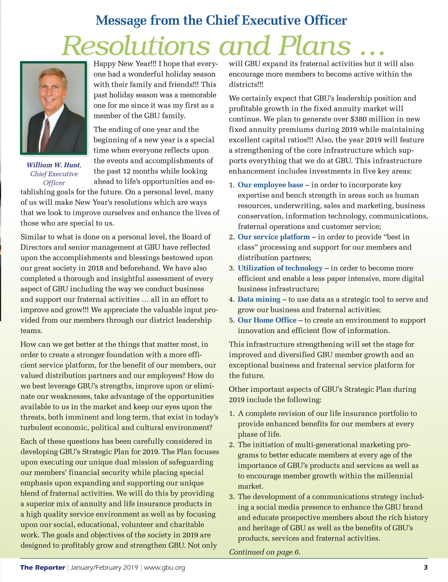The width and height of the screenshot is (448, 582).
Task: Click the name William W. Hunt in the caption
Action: pos(53,165)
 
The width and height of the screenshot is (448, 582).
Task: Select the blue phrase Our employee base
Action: pos(270,185)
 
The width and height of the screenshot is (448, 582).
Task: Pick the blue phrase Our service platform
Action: pos(274,237)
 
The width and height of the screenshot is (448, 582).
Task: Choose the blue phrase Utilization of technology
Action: pos(280,268)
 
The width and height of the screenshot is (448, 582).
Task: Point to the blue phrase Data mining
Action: pos(259,300)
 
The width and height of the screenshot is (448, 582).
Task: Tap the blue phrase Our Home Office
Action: pos(267,320)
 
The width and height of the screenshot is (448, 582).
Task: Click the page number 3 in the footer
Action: pos(426,567)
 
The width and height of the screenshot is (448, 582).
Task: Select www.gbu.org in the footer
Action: pos(164,567)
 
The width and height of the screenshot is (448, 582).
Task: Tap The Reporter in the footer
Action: pos(43,567)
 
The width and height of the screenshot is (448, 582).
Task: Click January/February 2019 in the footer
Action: pos(104,567)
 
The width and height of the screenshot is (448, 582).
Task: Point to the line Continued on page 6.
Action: pos(264,552)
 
